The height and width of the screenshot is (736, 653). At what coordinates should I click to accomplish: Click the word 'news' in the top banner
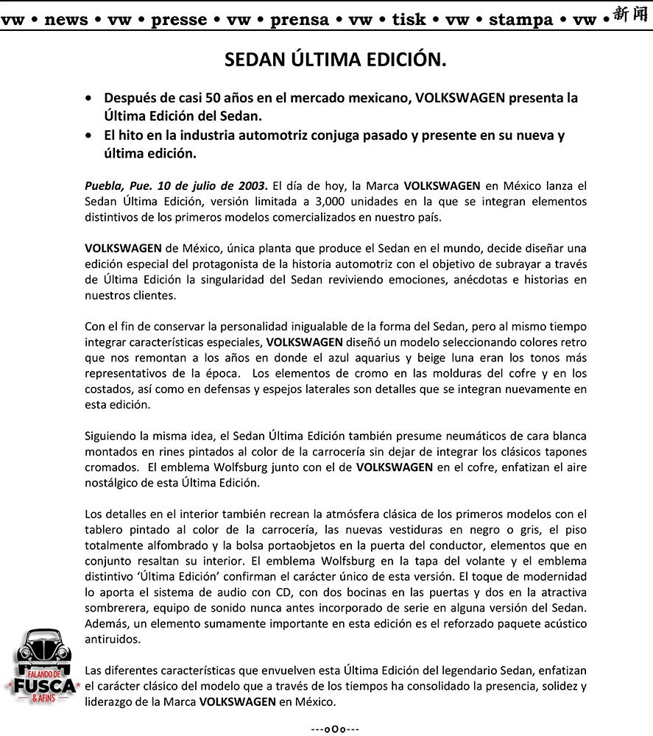[66, 20]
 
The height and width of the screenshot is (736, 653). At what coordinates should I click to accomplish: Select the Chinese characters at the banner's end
[632, 15]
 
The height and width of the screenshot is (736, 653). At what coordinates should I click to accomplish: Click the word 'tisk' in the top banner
[409, 20]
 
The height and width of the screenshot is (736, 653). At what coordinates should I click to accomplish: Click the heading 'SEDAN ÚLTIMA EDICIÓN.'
[335, 60]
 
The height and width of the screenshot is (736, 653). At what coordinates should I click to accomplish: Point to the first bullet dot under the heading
[89, 98]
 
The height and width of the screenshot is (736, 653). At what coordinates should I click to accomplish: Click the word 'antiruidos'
[111, 640]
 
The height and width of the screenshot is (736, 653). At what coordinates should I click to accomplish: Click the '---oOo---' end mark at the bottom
[335, 729]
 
